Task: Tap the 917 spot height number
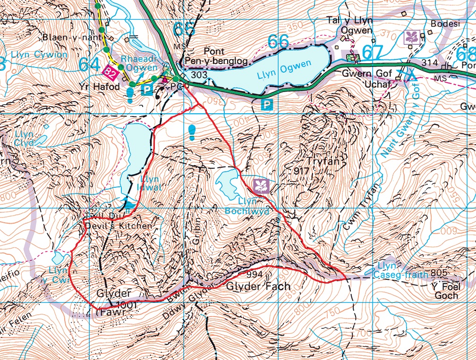click(x=301, y=170)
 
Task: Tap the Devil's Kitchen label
click(x=119, y=226)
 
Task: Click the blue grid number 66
click(x=279, y=42)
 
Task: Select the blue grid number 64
click(x=90, y=64)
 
